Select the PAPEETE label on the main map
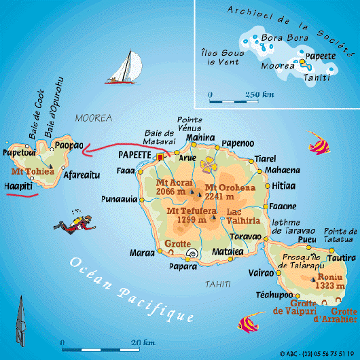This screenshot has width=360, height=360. (x=134, y=156)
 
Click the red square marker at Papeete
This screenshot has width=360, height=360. (x=160, y=157)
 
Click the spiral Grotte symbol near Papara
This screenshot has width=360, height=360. (x=193, y=255)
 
